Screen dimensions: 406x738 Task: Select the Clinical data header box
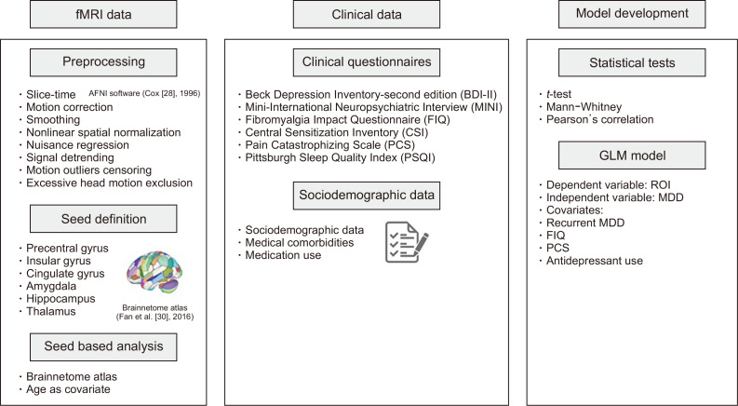368,16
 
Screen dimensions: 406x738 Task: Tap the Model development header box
631,16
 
